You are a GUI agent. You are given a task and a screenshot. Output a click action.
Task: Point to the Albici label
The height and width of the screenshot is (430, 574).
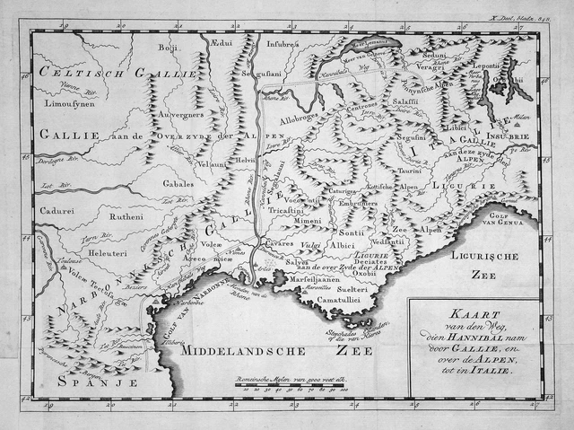(341, 244)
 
